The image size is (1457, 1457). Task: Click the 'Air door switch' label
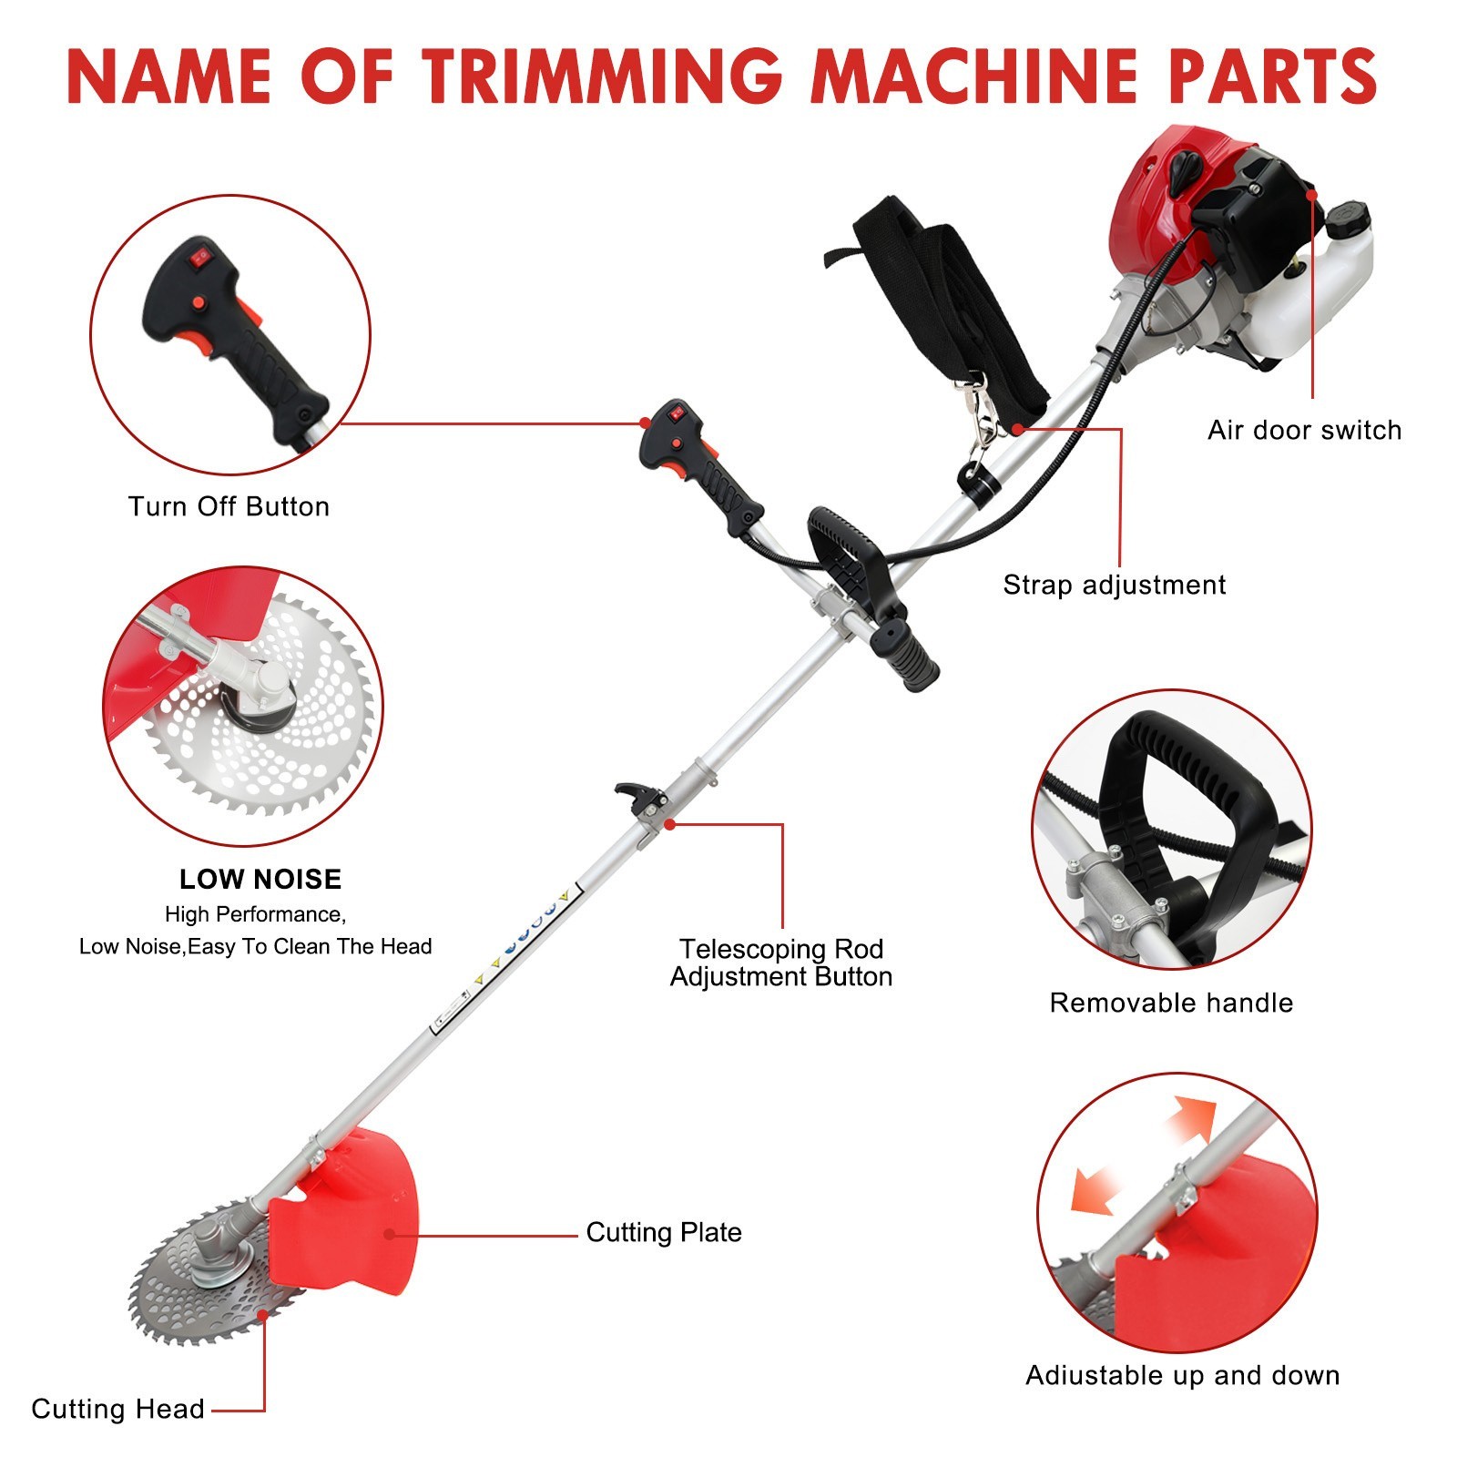(x=1304, y=430)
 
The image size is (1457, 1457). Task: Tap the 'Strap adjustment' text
(x=1114, y=585)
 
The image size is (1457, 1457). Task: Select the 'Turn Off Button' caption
(x=229, y=506)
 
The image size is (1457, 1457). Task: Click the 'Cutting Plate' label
(x=663, y=1232)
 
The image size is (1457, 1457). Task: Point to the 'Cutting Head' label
(x=117, y=1409)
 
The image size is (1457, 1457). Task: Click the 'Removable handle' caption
(x=1171, y=1003)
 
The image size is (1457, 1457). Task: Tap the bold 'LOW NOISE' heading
(x=260, y=879)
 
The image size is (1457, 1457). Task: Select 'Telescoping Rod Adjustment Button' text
(x=781, y=963)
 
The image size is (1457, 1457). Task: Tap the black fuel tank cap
(x=1348, y=219)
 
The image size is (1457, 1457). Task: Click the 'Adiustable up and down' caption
(x=1182, y=1375)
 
